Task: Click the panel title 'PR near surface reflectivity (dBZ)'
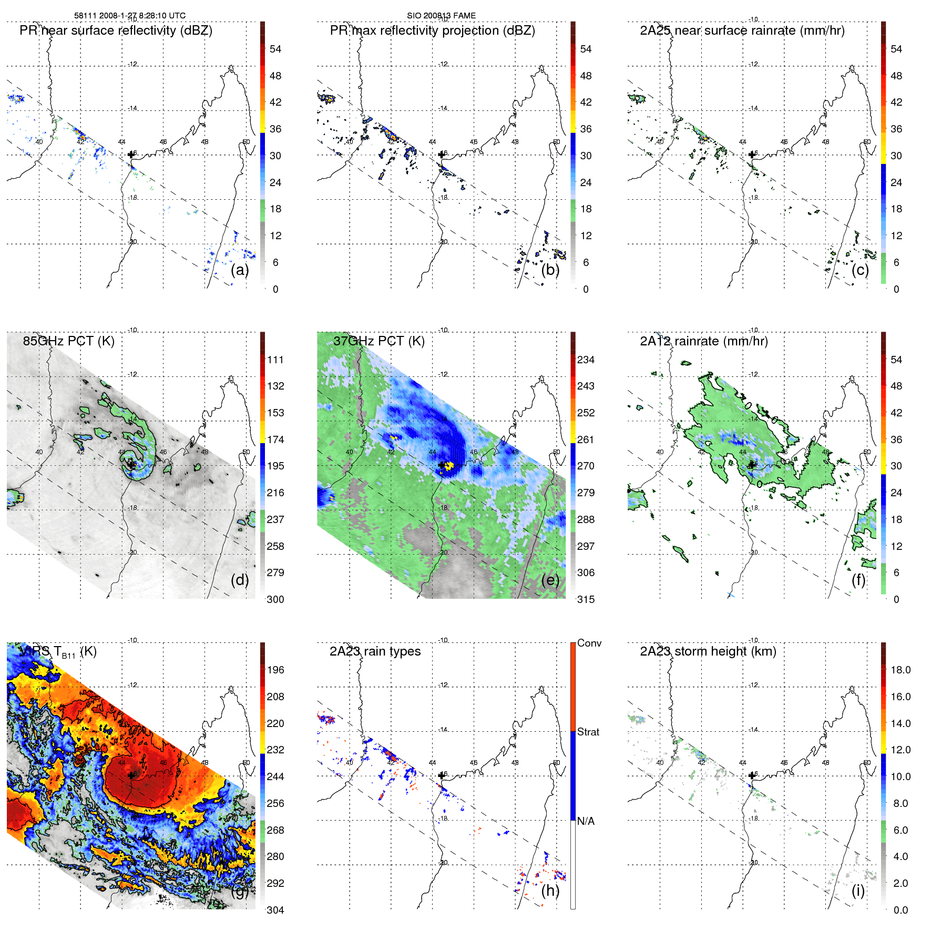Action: (116, 30)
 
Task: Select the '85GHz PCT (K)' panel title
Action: (68, 341)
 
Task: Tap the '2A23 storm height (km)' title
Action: (708, 651)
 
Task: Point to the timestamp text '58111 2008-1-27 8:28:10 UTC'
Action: (129, 16)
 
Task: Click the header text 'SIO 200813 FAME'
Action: (441, 16)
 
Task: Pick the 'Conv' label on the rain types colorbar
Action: (589, 643)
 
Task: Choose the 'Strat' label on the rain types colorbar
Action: (588, 732)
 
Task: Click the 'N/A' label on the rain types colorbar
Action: (586, 821)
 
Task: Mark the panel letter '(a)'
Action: (240, 270)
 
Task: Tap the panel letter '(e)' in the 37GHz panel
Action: (550, 580)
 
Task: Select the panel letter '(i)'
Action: (858, 891)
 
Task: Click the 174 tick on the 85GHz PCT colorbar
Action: (275, 439)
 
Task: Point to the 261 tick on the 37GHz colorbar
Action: (586, 439)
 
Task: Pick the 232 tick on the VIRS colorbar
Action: (275, 750)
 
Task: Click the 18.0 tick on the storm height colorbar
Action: (901, 670)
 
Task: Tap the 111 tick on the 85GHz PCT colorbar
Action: (275, 360)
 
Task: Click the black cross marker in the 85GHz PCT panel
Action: (131, 465)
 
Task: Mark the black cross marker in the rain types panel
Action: (442, 775)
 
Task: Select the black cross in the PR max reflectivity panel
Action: (442, 155)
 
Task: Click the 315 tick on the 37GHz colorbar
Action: (586, 599)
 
